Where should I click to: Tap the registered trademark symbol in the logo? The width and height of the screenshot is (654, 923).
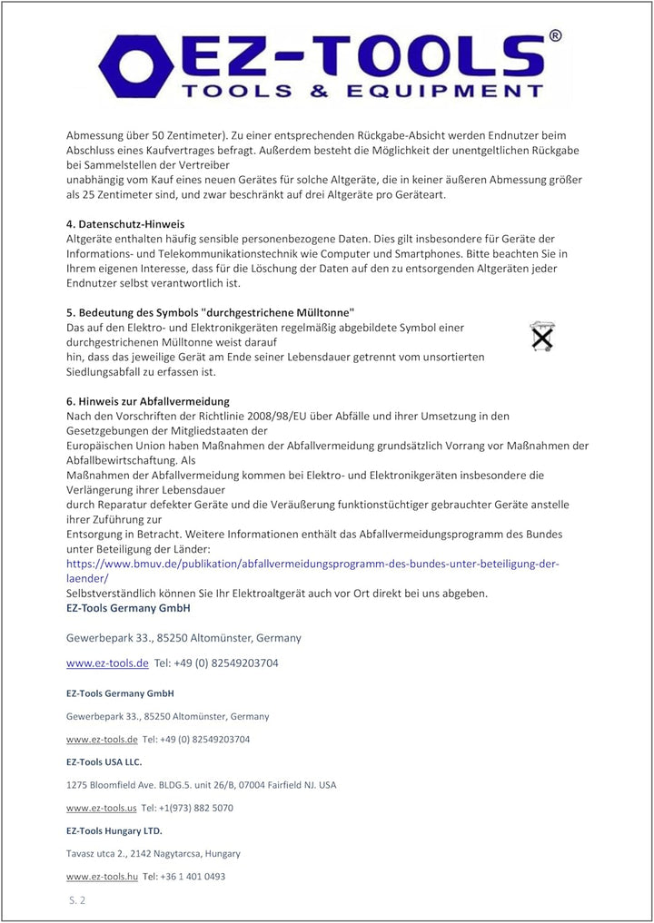[x=555, y=37]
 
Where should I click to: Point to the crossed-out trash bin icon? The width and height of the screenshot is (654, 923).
[x=542, y=337]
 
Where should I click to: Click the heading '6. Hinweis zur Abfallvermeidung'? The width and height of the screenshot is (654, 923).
[x=148, y=401]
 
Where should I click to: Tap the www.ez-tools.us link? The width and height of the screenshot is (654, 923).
[x=102, y=808]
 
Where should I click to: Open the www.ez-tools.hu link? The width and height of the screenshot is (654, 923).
[x=102, y=877]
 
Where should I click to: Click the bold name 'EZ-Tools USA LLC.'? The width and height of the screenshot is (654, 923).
[x=104, y=761]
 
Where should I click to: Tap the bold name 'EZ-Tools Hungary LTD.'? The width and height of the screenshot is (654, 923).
[x=114, y=830]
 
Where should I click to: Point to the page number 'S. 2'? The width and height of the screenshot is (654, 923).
[x=77, y=900]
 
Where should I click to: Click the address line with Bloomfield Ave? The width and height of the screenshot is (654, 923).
[x=201, y=784]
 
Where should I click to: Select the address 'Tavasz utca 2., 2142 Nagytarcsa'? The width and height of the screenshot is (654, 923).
[x=153, y=853]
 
